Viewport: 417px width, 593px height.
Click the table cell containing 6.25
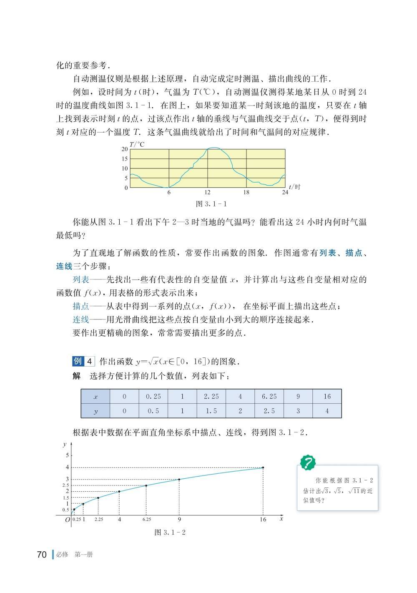coord(269,396)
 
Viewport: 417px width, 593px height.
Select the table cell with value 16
coord(327,396)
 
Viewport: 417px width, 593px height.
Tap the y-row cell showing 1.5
coord(211,411)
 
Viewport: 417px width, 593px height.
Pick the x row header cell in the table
coord(95,396)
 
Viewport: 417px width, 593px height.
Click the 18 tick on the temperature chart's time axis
coord(246,192)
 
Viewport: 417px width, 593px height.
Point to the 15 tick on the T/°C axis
coord(125,159)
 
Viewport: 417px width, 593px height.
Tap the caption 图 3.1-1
coord(211,204)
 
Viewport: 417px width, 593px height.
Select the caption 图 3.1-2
coord(170,533)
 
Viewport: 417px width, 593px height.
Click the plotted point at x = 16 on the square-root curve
coord(263,467)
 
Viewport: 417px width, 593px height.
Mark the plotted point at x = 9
coord(179,479)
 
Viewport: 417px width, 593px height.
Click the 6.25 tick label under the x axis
coord(146,520)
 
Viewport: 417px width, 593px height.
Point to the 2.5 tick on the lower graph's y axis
coord(65,485)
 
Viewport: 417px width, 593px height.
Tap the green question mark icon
coord(308,462)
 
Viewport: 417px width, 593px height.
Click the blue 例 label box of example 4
coord(78,361)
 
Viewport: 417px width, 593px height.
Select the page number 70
coord(42,555)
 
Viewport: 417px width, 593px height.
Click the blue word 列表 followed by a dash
coord(81,279)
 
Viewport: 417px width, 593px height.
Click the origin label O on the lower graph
coord(67,520)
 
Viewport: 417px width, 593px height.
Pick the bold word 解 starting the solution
coord(77,376)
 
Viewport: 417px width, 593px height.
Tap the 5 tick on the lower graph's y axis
coord(67,455)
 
